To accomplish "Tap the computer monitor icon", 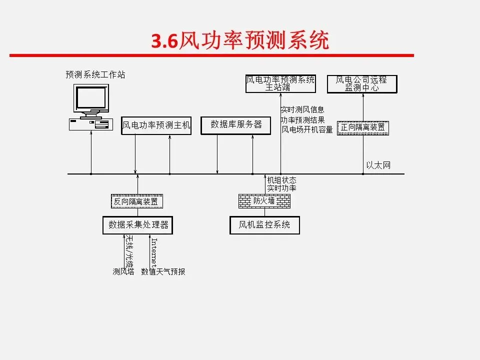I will point(91,99).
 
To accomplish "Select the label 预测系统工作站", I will point(95,75).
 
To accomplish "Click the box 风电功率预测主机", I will point(156,125).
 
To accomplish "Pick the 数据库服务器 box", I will point(235,125).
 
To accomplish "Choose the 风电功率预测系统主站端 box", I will point(280,83).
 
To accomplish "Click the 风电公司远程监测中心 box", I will point(361,83).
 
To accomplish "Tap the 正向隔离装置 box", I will point(363,128).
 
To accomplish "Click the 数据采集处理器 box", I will point(137,225).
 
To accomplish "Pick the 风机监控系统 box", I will point(264,225).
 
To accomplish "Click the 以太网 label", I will point(378,165).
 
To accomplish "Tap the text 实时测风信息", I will point(302,109).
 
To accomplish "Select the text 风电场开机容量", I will point(306,130).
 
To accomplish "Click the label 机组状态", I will point(281,180).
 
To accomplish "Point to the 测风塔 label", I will point(123,272).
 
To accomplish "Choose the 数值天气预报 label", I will point(163,272).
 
